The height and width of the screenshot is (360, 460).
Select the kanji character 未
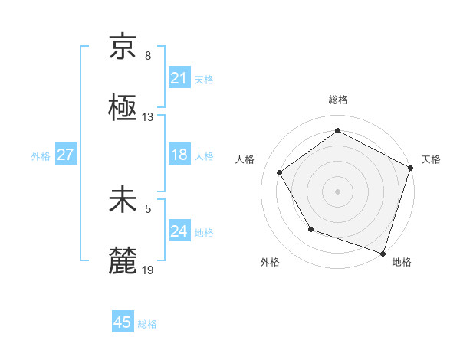(123, 200)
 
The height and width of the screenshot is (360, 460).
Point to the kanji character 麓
(123, 260)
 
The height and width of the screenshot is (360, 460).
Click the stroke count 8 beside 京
(148, 56)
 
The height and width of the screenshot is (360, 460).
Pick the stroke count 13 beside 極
(148, 117)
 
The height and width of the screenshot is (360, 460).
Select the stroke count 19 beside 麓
(148, 270)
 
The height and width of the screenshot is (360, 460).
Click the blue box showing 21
(179, 78)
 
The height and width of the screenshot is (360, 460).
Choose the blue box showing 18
(179, 155)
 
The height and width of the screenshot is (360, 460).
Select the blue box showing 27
(65, 155)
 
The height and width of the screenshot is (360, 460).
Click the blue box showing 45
(123, 323)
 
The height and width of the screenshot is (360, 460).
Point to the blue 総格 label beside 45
(147, 324)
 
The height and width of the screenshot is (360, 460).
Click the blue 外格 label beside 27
(41, 156)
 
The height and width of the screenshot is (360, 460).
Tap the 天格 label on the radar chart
(431, 159)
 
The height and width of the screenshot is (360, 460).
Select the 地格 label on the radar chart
(402, 262)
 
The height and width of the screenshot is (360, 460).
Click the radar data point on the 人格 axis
(280, 172)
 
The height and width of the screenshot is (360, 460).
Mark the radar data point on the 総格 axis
(337, 131)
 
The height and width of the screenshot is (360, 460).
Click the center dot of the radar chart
(337, 191)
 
